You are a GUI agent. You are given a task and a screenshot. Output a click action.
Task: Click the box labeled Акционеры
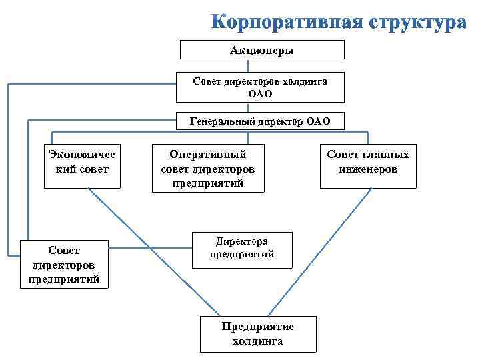pyautogui.click(x=261, y=50)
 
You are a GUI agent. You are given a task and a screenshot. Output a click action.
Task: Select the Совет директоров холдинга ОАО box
pyautogui.click(x=260, y=87)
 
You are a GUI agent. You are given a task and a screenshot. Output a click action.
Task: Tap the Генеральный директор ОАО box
pyautogui.click(x=260, y=122)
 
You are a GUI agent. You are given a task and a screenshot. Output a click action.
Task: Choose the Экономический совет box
pyautogui.click(x=83, y=166)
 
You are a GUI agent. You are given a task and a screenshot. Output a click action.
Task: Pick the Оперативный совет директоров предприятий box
pyautogui.click(x=208, y=168)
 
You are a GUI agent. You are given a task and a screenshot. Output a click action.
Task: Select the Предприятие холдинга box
pyautogui.click(x=257, y=333)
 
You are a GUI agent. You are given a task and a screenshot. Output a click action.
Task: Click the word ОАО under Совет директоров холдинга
pyautogui.click(x=260, y=94)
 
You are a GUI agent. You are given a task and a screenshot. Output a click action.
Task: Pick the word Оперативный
pyautogui.click(x=208, y=154)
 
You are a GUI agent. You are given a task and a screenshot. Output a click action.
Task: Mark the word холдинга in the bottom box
pyautogui.click(x=257, y=341)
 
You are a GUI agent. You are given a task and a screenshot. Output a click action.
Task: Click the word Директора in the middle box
pyautogui.click(x=242, y=241)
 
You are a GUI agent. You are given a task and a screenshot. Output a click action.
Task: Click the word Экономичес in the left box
pyautogui.click(x=83, y=155)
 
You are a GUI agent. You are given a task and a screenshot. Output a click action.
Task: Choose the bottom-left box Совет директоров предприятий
pyautogui.click(x=64, y=264)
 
